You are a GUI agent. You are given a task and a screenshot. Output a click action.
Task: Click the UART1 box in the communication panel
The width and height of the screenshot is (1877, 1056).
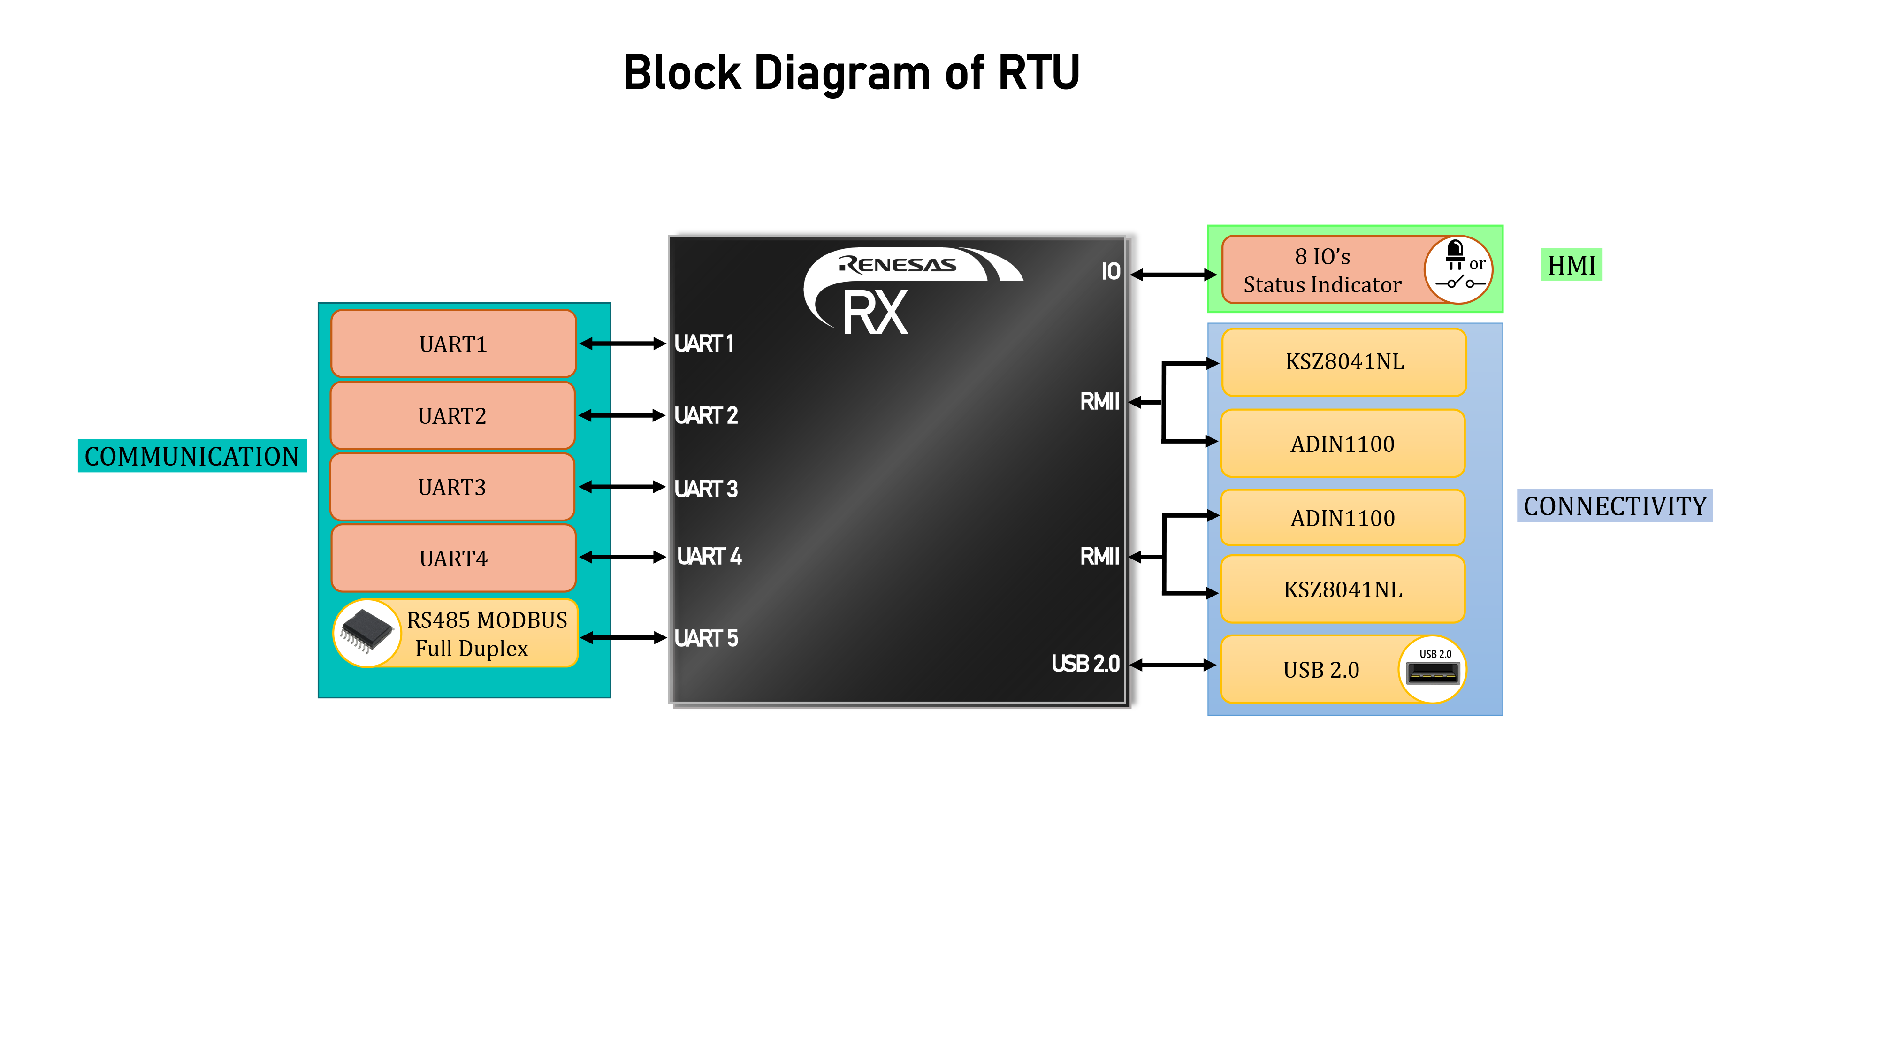click(x=453, y=343)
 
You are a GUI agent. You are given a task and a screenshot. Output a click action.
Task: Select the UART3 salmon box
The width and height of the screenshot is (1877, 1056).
click(x=452, y=487)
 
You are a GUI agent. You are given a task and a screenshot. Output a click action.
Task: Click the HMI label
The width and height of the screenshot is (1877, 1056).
click(x=1571, y=265)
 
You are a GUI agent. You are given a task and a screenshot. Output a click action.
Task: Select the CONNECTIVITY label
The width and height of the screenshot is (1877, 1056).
click(x=1615, y=506)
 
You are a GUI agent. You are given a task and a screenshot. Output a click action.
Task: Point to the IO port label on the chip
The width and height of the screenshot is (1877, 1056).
click(x=1110, y=272)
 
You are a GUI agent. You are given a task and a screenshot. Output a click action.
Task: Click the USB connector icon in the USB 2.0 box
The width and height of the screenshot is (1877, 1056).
click(x=1433, y=669)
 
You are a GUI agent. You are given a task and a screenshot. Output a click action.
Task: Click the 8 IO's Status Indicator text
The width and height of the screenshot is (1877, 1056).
click(x=1322, y=270)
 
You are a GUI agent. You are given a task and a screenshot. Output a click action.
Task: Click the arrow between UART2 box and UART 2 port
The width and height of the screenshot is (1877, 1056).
click(x=622, y=415)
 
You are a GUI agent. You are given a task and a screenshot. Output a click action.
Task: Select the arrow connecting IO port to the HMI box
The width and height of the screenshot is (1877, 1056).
click(x=1173, y=275)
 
